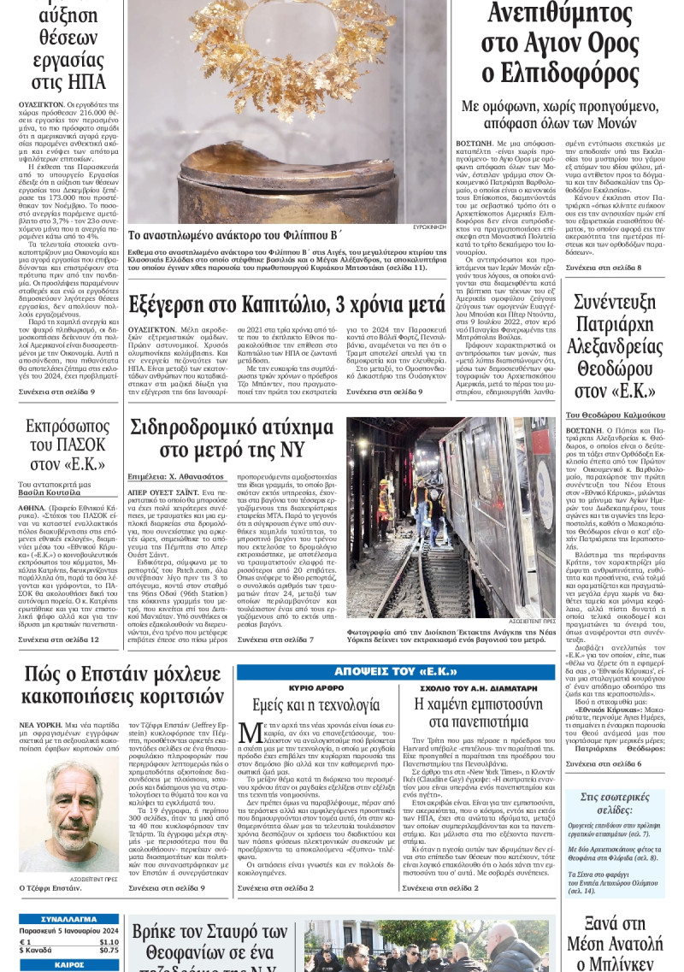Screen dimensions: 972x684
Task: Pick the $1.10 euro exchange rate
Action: tap(109, 941)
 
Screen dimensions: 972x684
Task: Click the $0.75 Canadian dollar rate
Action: tap(109, 950)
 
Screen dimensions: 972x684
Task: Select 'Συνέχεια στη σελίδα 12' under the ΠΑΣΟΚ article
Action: tap(59, 639)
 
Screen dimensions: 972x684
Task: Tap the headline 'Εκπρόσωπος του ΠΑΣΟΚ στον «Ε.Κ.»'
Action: tap(66, 445)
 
